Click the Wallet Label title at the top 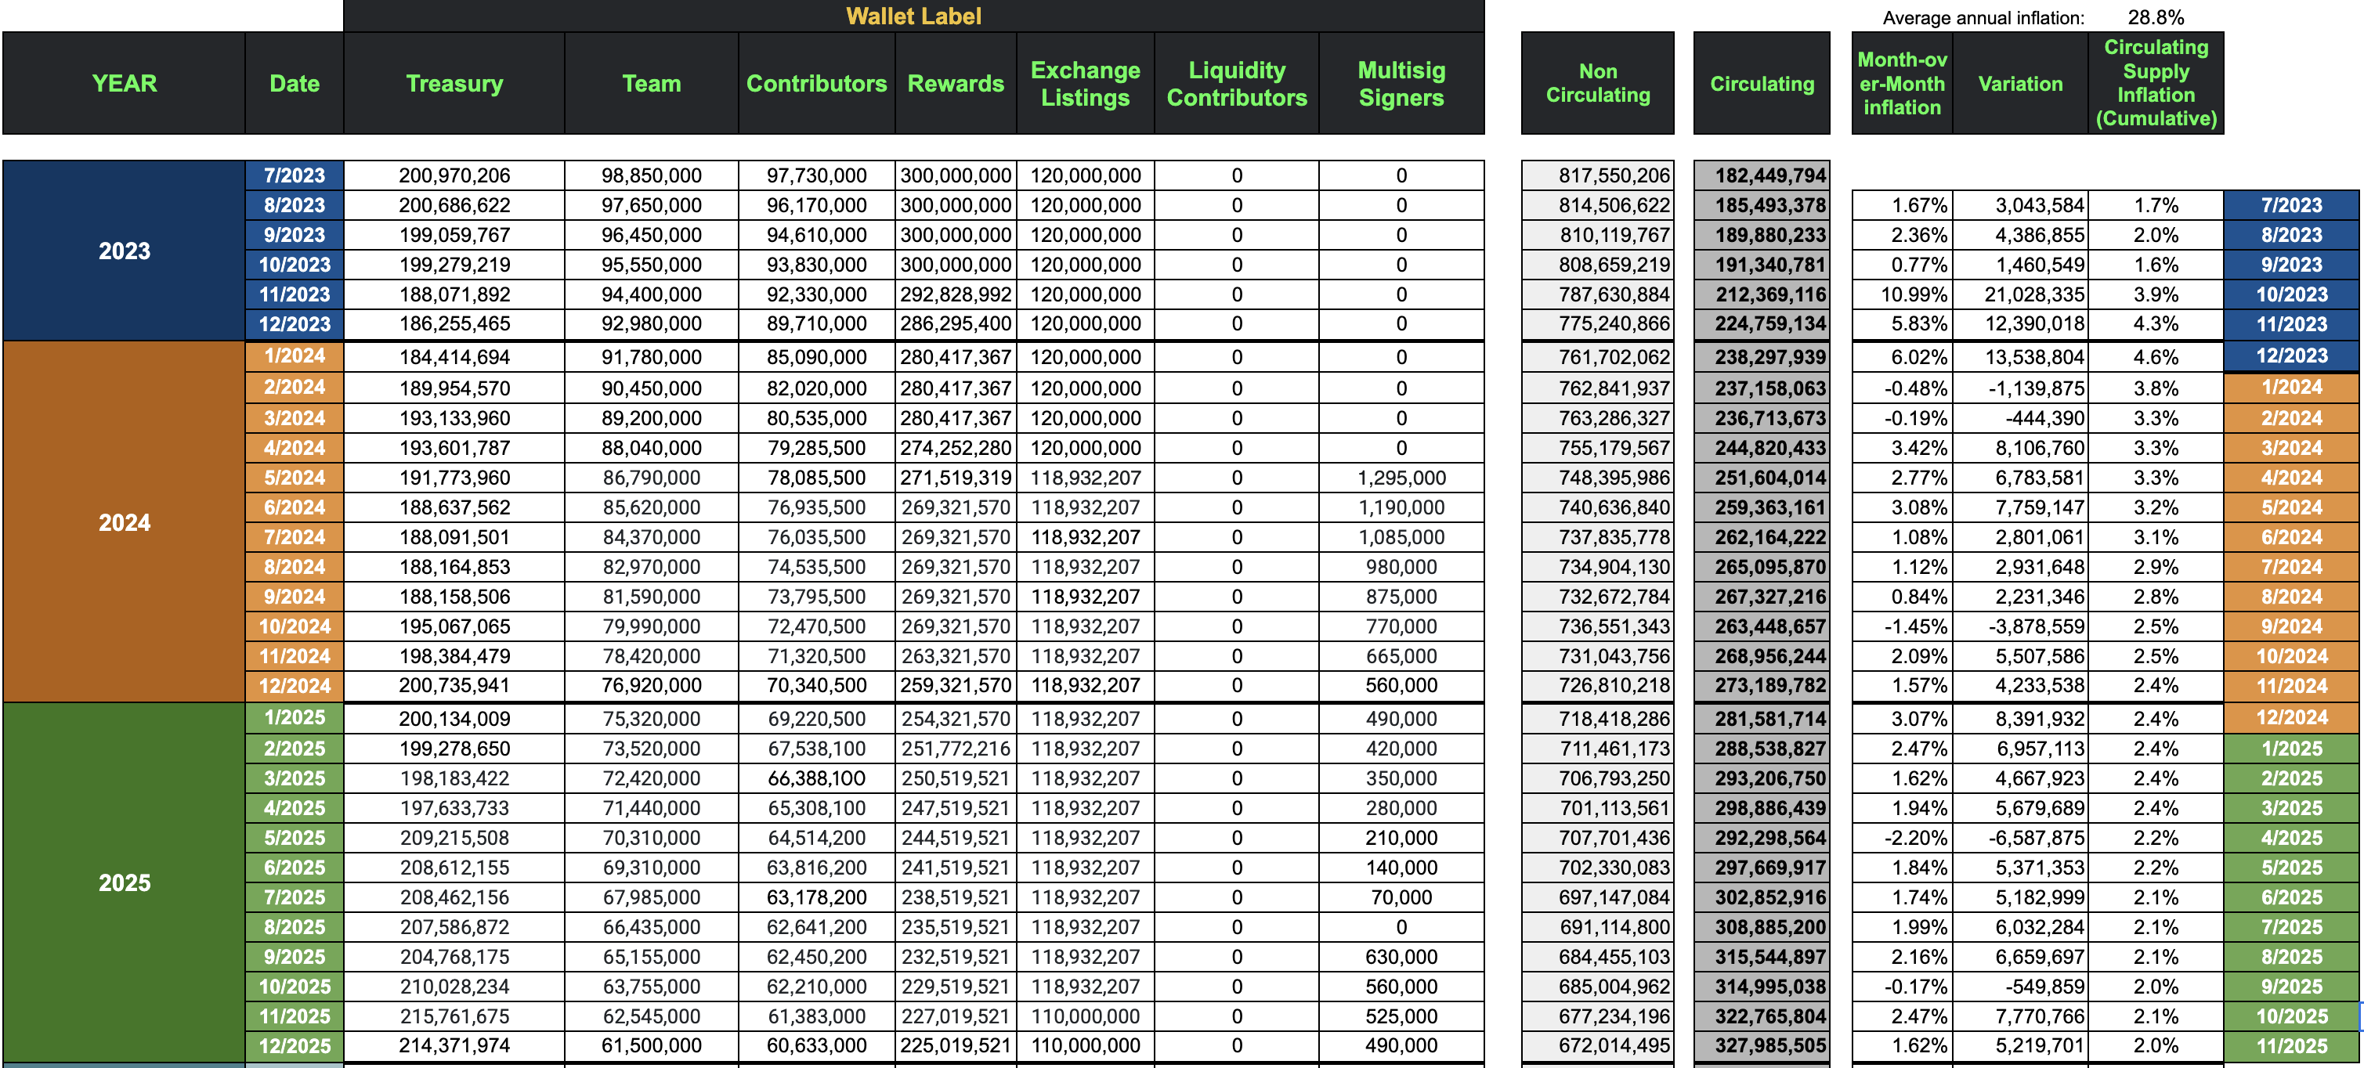(x=913, y=16)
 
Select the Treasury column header (x=454, y=84)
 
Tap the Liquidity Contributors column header (x=1236, y=84)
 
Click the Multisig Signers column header (x=1401, y=84)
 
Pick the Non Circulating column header (x=1598, y=84)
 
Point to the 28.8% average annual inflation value (x=2156, y=17)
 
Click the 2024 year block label (x=124, y=523)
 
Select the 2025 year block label (x=124, y=882)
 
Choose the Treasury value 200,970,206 (x=454, y=175)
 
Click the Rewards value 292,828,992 (x=956, y=294)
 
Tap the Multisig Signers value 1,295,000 (x=1401, y=478)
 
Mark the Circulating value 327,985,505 (x=1770, y=1046)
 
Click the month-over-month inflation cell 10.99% (x=1919, y=294)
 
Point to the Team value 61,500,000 (x=652, y=1046)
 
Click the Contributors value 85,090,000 (x=817, y=357)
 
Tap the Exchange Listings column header (x=1085, y=84)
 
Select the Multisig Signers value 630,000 (x=1401, y=957)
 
